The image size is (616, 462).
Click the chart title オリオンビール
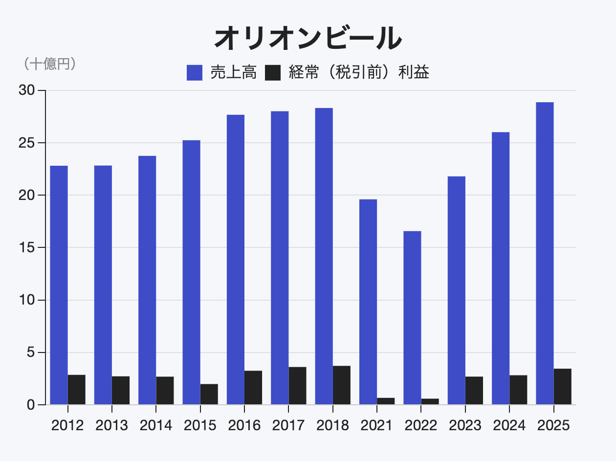tap(308, 38)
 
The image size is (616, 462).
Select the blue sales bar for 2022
tap(412, 318)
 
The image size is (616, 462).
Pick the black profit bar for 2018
tap(342, 385)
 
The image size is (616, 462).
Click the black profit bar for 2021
tap(386, 401)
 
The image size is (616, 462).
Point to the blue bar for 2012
tap(59, 285)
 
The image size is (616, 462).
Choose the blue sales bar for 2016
tap(236, 260)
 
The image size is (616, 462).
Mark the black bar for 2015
tap(209, 395)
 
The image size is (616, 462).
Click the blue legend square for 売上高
tap(195, 73)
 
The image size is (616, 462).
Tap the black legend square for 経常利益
tap(273, 73)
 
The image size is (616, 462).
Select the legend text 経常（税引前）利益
tap(359, 73)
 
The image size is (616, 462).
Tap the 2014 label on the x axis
tap(156, 425)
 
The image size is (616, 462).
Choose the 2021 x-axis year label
tap(376, 425)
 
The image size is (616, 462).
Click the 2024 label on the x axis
tap(509, 425)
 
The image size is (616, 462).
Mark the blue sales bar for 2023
tap(456, 290)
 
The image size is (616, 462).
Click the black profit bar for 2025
tap(562, 387)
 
